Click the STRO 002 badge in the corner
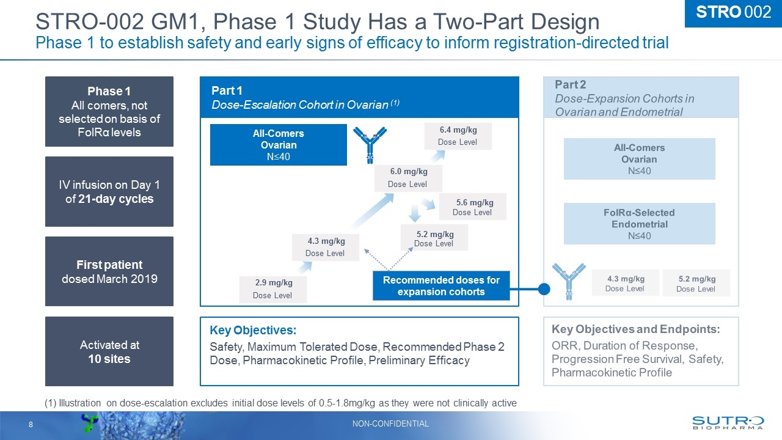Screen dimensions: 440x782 coord(733,13)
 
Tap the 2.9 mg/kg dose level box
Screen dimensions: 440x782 coord(272,289)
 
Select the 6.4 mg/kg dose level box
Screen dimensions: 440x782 coord(458,136)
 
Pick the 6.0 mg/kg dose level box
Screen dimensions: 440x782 coord(407,177)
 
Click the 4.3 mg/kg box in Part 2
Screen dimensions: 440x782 coord(625,282)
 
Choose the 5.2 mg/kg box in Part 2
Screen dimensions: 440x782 coord(696,283)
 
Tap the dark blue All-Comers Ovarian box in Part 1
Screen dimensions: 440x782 coord(279,145)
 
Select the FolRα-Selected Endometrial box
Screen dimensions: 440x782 coord(639,224)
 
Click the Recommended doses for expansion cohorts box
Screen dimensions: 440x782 coord(441,286)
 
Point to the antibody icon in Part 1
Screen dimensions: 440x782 coord(370,144)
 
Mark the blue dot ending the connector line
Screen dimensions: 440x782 coord(545,288)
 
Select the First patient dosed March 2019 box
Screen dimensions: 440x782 coord(109,271)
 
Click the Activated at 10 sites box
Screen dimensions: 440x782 coord(109,351)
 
